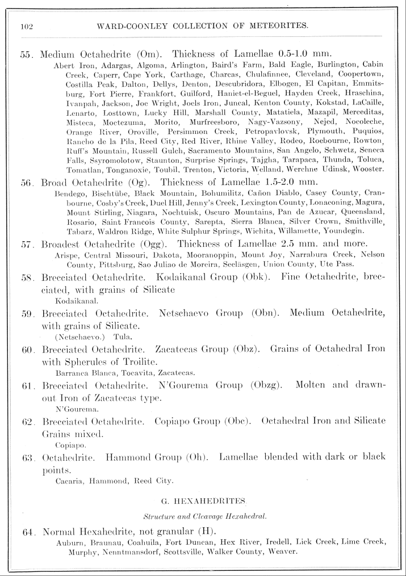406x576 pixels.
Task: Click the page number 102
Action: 26,26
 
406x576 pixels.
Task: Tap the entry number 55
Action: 27,56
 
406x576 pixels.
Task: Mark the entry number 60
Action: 27,347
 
